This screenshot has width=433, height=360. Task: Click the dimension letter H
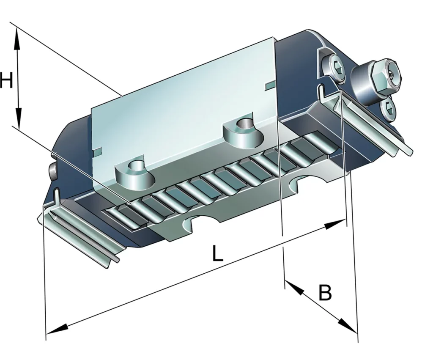(x=6, y=80)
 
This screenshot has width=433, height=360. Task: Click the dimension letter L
(x=217, y=253)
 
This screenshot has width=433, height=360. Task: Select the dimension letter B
(x=324, y=292)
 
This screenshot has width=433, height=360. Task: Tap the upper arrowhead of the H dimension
(x=17, y=38)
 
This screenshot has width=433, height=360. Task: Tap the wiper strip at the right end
(x=372, y=123)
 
